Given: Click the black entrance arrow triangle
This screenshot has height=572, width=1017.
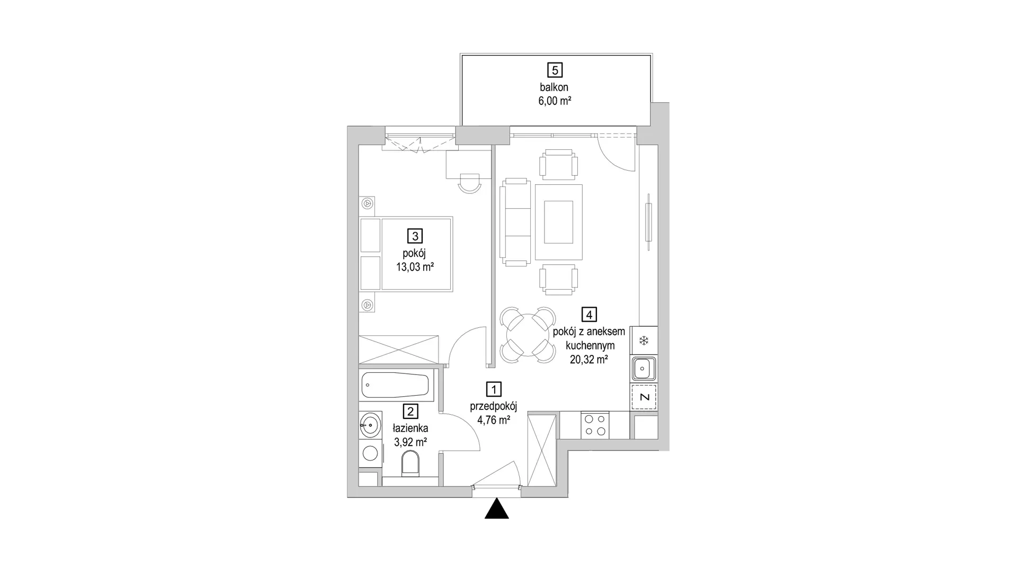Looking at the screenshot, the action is point(497,508).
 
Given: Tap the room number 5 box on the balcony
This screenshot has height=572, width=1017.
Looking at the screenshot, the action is point(555,70).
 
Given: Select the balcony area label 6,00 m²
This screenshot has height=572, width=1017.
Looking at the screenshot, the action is point(555,101).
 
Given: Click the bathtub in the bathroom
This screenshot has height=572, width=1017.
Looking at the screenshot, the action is point(396,386).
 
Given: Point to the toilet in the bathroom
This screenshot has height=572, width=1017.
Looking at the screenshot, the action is point(411,464).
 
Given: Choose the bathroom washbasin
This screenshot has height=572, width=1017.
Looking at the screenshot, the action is point(370,424).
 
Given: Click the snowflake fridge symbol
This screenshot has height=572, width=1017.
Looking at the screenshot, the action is point(644,341).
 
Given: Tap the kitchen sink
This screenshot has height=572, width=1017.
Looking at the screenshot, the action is point(644,368).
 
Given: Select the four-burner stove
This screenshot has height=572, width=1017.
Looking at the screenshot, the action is point(595,425).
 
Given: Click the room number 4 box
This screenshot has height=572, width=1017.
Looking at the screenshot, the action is point(588,315).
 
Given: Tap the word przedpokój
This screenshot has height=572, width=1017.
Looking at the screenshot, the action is point(493,406).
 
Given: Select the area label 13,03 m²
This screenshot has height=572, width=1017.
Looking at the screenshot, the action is point(415,267).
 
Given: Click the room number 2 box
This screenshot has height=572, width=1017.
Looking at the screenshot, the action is point(410,411).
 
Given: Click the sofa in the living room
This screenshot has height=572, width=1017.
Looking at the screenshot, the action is point(515,222).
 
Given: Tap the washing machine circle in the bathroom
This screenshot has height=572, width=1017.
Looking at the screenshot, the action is point(370,453).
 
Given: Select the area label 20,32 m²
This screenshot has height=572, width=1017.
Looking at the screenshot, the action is point(588,360).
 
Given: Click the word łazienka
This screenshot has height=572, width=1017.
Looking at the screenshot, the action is point(410,428).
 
